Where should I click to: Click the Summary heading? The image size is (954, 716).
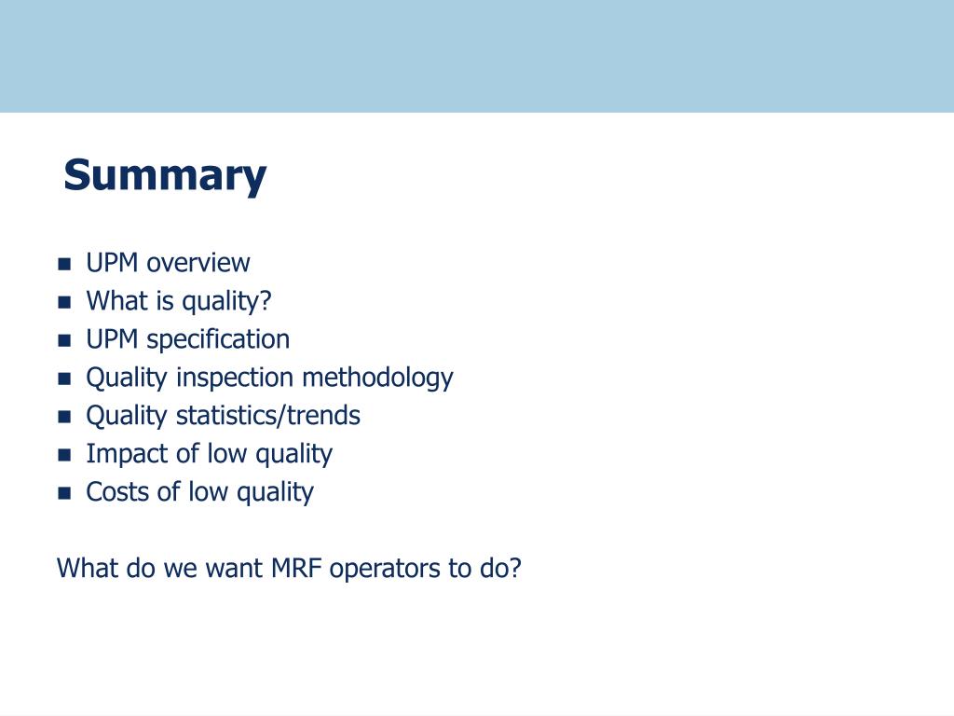pyautogui.click(x=165, y=176)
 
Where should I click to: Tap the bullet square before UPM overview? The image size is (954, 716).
pyautogui.click(x=64, y=264)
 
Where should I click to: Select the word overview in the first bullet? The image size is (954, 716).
pyautogui.click(x=198, y=263)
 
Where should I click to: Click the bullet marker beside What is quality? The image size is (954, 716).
pyautogui.click(x=64, y=303)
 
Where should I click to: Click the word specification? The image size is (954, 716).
pyautogui.click(x=218, y=339)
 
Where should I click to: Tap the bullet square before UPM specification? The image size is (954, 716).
pyautogui.click(x=64, y=340)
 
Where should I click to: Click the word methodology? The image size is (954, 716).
pyautogui.click(x=378, y=379)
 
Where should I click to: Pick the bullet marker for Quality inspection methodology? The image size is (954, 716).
pyautogui.click(x=64, y=379)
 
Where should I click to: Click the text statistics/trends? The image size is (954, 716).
pyautogui.click(x=268, y=416)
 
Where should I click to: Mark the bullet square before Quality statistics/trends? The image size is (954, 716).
pyautogui.click(x=64, y=417)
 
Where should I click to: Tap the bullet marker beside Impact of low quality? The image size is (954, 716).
pyautogui.click(x=64, y=455)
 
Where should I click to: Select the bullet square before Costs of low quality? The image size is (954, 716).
pyautogui.click(x=64, y=493)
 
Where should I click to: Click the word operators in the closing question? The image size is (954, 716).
pyautogui.click(x=385, y=570)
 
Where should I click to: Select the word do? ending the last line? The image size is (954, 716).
pyautogui.click(x=500, y=569)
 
